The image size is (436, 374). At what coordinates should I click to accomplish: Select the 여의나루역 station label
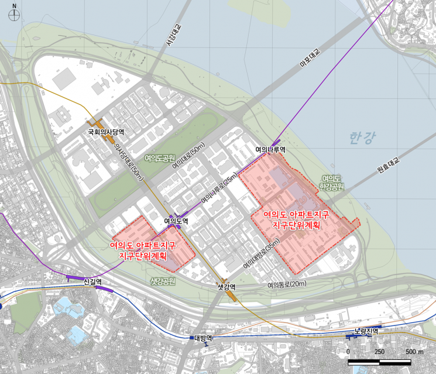pos(270,150)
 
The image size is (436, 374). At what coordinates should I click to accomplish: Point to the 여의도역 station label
pos(176,221)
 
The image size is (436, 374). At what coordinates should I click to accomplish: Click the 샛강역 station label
pos(226,287)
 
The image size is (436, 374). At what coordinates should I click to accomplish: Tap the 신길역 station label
pos(92,282)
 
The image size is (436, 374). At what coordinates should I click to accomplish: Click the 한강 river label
pos(362,138)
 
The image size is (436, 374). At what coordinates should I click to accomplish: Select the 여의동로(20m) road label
pos(287,285)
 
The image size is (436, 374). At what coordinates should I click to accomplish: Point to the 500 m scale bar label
pos(414,351)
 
